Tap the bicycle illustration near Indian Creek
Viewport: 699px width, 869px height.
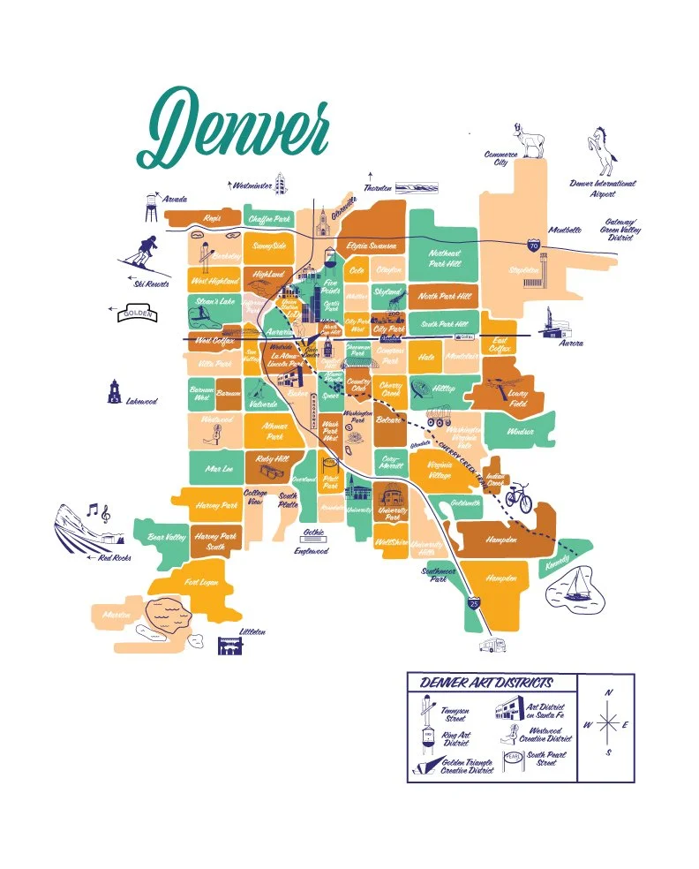pos(518,498)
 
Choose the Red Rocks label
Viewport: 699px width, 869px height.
pos(115,557)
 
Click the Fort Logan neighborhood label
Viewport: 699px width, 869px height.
pos(201,581)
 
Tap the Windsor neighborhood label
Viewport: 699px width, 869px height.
pos(522,432)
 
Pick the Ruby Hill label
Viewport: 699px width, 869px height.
pos(271,459)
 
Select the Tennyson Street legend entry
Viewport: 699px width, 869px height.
pos(455,714)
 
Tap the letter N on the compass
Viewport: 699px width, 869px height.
pos(609,693)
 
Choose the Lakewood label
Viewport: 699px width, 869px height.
pos(141,401)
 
